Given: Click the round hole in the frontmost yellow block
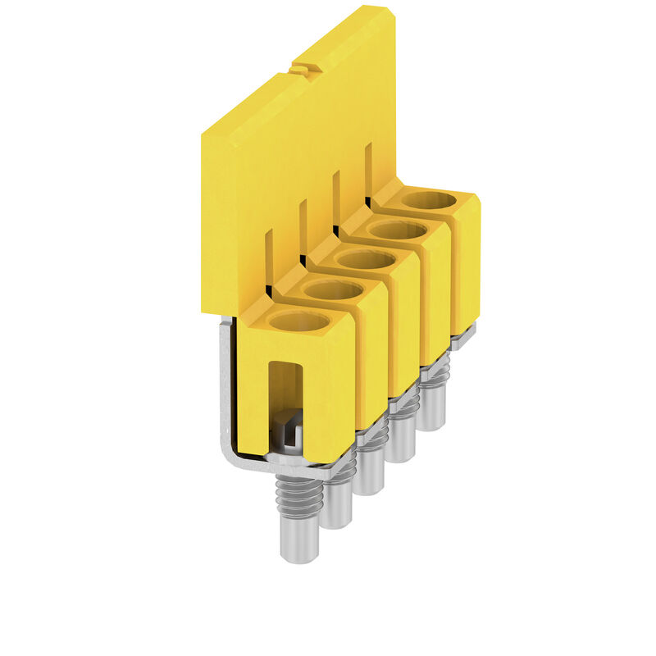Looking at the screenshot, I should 299,321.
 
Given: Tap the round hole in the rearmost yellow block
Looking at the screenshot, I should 429,199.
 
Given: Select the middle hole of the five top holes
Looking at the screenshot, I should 365,260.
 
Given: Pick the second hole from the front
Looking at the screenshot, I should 332,289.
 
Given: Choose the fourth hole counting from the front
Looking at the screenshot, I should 399,230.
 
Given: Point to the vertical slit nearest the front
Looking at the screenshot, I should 268,260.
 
